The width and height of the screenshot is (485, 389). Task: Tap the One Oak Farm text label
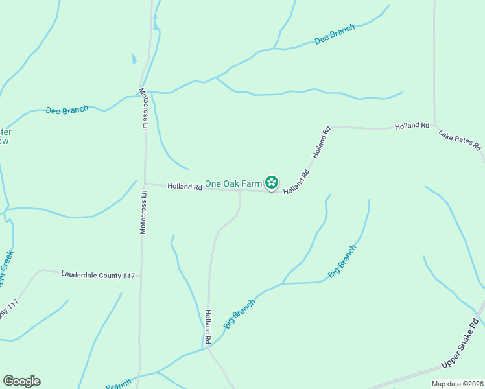(x=233, y=184)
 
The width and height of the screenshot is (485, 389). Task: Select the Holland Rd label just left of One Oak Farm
(x=185, y=187)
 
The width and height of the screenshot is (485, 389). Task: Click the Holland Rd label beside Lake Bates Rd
(x=412, y=126)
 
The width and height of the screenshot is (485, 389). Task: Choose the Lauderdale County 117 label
(x=98, y=276)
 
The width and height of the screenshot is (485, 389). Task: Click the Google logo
(x=21, y=381)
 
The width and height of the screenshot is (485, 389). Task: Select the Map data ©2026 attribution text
(x=457, y=384)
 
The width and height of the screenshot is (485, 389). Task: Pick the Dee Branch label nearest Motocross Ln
(x=67, y=110)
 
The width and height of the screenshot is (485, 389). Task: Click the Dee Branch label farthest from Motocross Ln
(x=335, y=35)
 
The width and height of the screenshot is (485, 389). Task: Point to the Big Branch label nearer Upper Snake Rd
(x=342, y=261)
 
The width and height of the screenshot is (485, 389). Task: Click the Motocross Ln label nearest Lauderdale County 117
(x=143, y=211)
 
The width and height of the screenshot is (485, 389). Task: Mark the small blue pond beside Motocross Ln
(x=134, y=58)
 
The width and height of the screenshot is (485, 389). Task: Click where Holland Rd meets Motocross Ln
(x=145, y=184)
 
